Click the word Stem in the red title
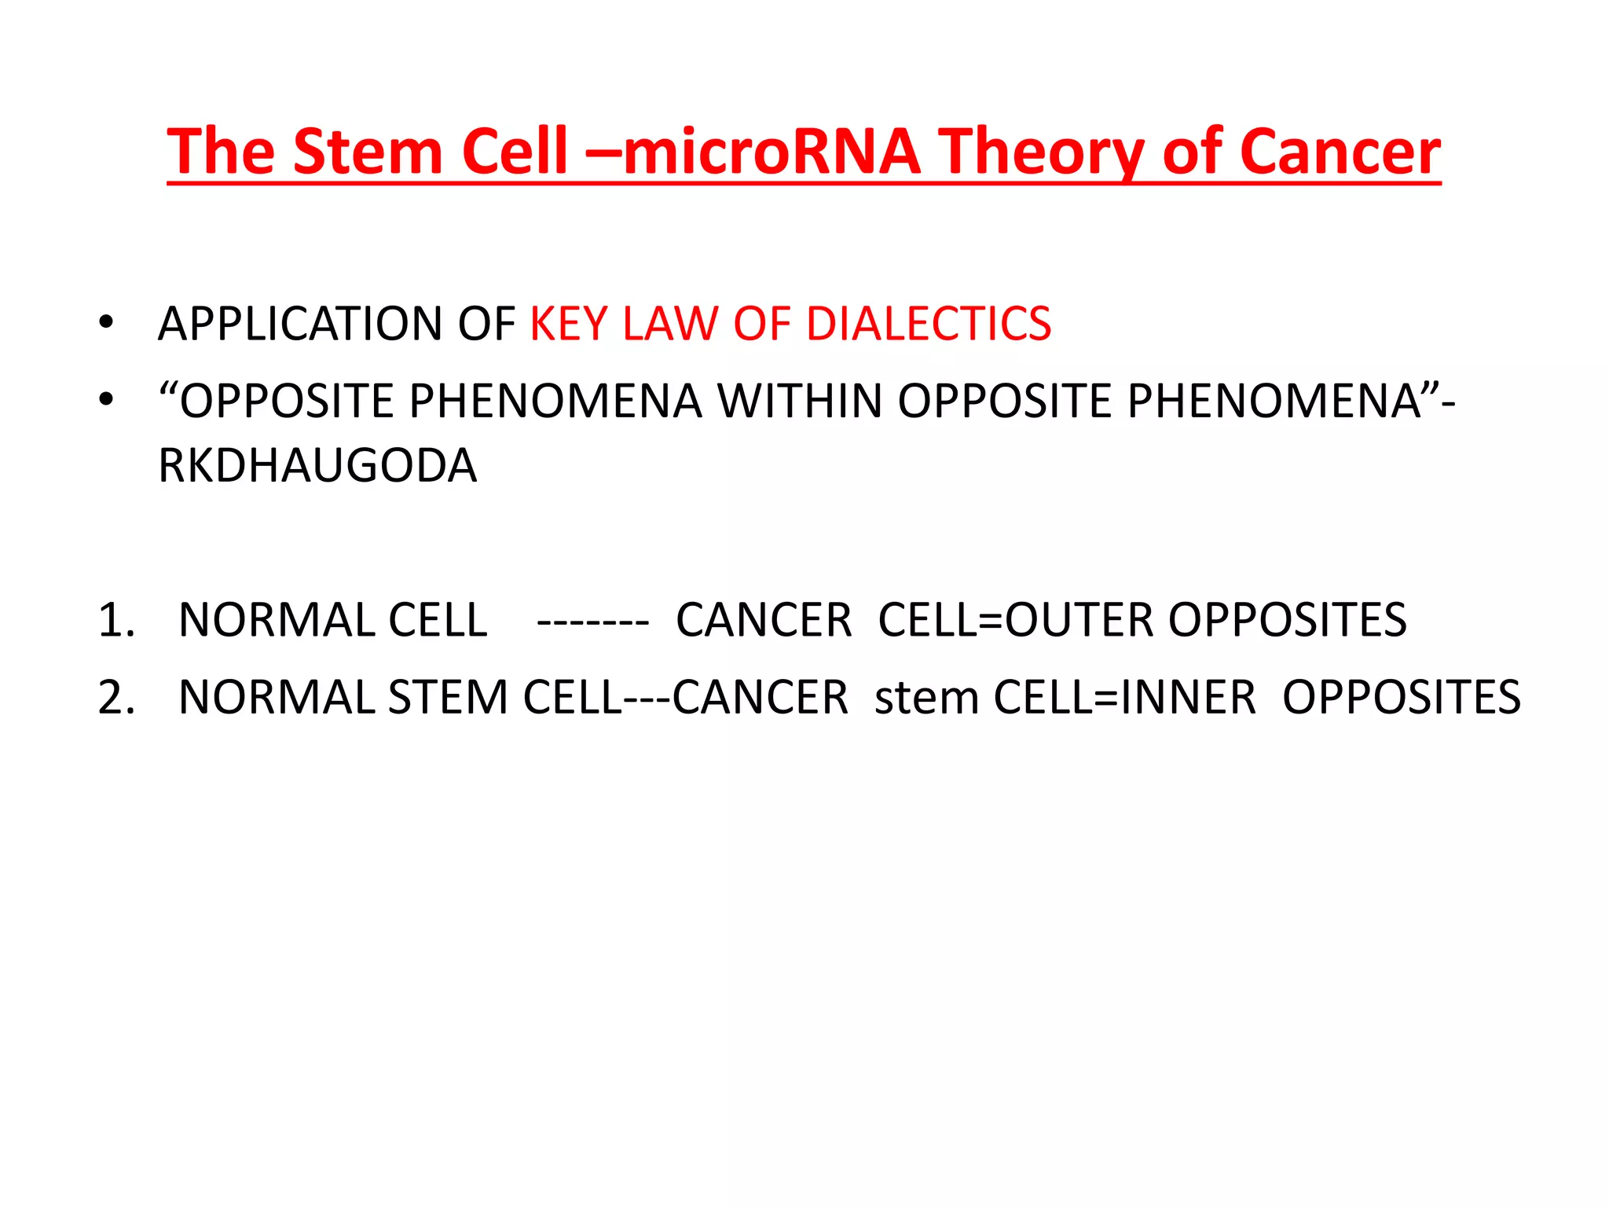coord(367,152)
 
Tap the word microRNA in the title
coord(772,152)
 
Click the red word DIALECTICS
coord(929,324)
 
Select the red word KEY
coord(569,324)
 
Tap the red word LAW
coord(670,324)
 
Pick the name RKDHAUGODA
coord(317,465)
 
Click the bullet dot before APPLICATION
coord(106,324)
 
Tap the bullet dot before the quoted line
coord(106,401)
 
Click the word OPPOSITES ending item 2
coord(1401,697)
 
